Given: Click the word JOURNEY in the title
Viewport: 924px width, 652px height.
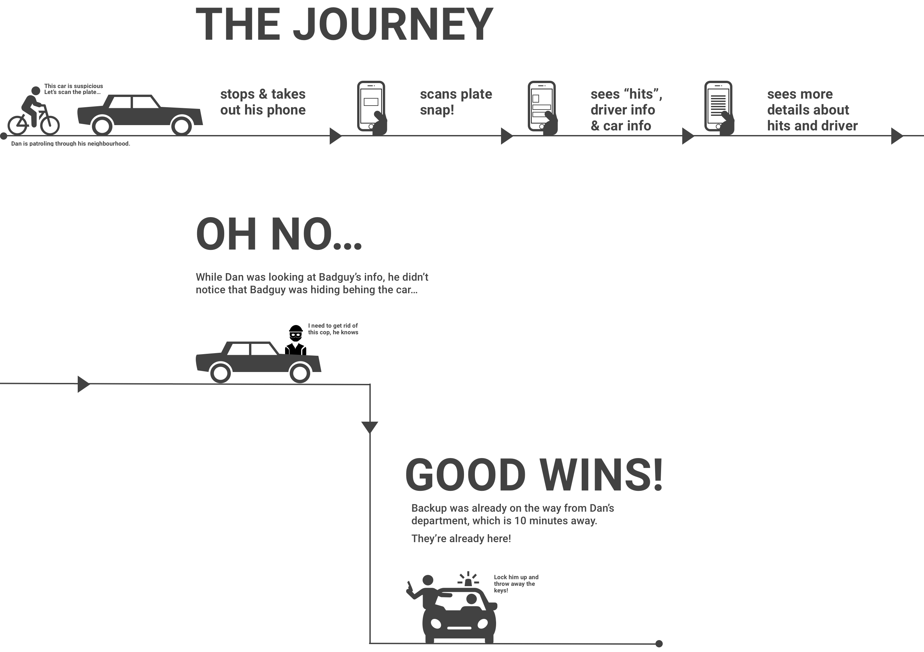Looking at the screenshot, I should (393, 25).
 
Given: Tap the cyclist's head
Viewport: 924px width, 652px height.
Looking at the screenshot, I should (36, 91).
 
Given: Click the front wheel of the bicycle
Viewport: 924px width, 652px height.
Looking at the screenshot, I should (50, 125).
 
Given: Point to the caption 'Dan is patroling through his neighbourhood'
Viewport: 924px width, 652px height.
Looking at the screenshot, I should (70, 144).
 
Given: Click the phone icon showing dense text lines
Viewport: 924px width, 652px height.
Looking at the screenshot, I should (718, 106).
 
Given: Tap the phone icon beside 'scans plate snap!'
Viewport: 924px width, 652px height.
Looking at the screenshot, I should (371, 106).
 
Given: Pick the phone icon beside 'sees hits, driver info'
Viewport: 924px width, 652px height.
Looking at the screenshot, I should (542, 106).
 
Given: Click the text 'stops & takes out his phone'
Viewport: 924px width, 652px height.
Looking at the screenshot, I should (263, 102).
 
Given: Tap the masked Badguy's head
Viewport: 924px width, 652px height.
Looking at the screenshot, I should (296, 334).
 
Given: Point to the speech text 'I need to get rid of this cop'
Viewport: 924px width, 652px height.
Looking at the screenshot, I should (333, 329).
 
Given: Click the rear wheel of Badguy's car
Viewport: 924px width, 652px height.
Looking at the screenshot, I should (221, 373).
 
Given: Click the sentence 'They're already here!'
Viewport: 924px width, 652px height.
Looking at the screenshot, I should (461, 539).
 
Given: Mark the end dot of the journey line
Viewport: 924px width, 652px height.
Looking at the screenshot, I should (659, 643).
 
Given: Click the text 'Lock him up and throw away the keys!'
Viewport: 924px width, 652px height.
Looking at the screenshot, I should (516, 583).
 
